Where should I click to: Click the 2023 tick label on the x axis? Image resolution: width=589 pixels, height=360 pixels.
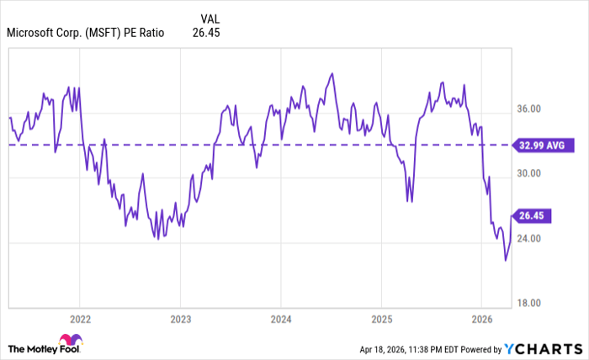pyautogui.click(x=180, y=320)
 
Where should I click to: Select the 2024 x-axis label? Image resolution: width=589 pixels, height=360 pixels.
pyautogui.click(x=281, y=320)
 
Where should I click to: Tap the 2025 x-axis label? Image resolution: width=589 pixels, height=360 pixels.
pyautogui.click(x=381, y=320)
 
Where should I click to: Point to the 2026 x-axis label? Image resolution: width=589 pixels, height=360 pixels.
pyautogui.click(x=481, y=320)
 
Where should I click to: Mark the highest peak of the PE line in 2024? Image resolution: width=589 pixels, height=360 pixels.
pyautogui.click(x=332, y=73)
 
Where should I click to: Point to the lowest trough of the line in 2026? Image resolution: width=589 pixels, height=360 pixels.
pyautogui.click(x=506, y=260)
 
